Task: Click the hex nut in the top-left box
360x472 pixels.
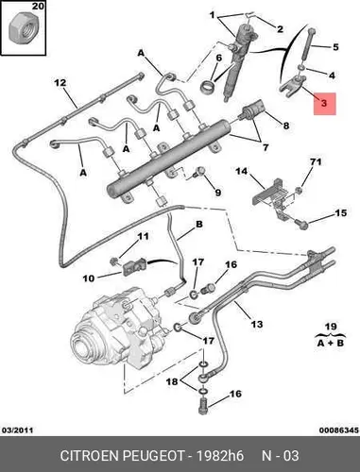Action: (x=23, y=30)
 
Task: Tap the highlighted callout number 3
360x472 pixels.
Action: (x=325, y=104)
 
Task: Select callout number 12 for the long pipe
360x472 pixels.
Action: (x=60, y=83)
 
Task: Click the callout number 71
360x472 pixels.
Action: (x=316, y=161)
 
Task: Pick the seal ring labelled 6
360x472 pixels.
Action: (x=208, y=85)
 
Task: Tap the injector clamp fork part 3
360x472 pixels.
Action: (x=291, y=84)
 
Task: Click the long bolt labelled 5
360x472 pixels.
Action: (x=309, y=45)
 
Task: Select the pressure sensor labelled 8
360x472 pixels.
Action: (x=253, y=110)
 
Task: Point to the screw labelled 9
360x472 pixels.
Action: (x=199, y=171)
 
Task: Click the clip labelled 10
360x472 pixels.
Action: (x=133, y=267)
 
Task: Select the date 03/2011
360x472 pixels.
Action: (x=18, y=430)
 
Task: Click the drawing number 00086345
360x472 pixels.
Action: (x=339, y=430)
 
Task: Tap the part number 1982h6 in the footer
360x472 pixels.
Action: (x=220, y=456)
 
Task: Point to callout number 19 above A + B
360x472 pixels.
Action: (x=331, y=327)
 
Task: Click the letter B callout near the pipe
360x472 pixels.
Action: (x=199, y=225)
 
